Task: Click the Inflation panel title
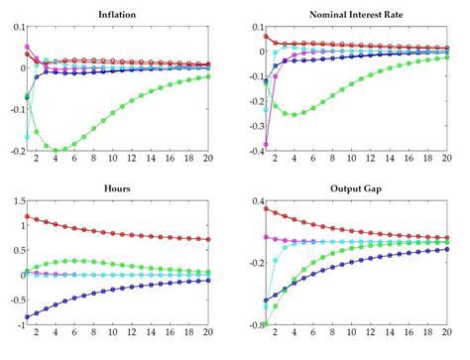point(117,13)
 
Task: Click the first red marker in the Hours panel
point(28,216)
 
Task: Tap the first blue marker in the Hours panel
point(28,315)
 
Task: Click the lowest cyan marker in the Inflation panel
point(28,136)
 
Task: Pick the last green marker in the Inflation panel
point(208,76)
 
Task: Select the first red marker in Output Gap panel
point(265,208)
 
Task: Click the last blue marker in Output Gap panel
point(446,250)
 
